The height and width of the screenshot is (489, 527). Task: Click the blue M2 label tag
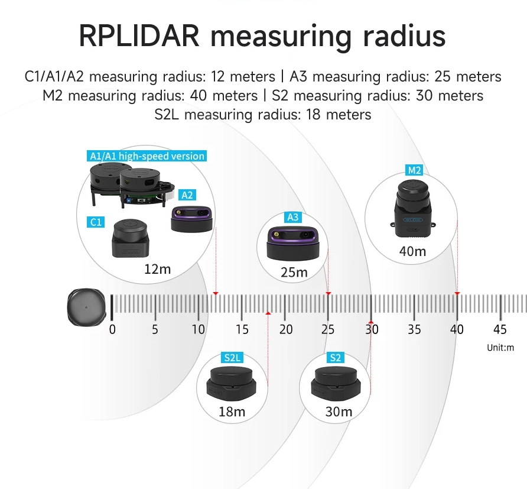tap(414, 171)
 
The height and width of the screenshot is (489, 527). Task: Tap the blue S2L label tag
tap(232, 358)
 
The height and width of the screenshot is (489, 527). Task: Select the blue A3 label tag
tap(292, 218)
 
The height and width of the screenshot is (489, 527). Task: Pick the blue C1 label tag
tap(96, 222)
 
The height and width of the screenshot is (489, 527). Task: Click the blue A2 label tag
tap(187, 195)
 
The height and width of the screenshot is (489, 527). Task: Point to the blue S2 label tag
tap(335, 358)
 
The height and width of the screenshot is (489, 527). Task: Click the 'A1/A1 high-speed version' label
tap(147, 156)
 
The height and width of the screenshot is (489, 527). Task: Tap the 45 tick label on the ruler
tap(500, 329)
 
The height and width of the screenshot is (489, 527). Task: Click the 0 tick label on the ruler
tap(112, 329)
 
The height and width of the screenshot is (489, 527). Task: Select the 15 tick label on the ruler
tap(242, 329)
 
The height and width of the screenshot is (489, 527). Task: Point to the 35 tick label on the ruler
tap(414, 329)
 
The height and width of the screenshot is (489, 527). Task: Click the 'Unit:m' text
tap(500, 348)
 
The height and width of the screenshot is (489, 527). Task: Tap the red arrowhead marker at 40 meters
tap(457, 293)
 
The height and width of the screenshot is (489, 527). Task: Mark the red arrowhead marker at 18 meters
tap(268, 312)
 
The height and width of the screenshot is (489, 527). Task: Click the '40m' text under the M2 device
tap(412, 251)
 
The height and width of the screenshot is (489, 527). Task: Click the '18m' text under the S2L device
tap(232, 412)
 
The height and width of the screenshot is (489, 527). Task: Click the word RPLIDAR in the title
tap(140, 36)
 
